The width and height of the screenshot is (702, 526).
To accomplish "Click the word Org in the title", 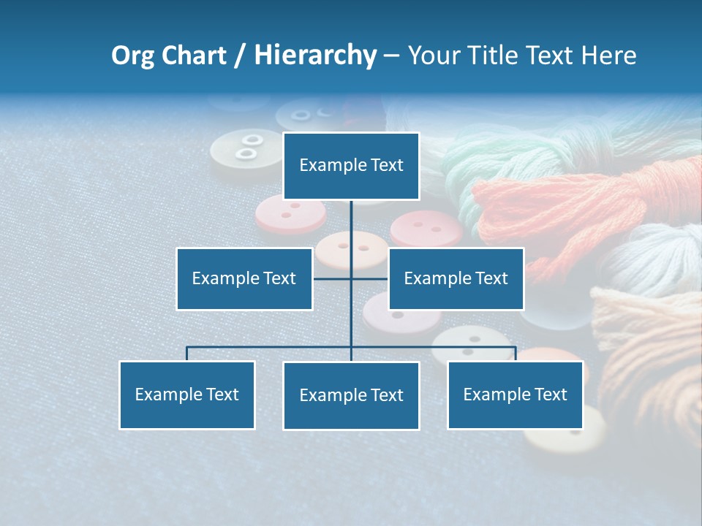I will point(132,56).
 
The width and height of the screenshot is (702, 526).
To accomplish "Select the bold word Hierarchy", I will point(315,56).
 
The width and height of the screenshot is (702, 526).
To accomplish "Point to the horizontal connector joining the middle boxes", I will point(333,278).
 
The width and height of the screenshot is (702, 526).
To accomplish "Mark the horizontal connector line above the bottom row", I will point(271,347).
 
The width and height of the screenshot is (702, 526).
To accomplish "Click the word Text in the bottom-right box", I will point(550,394).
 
